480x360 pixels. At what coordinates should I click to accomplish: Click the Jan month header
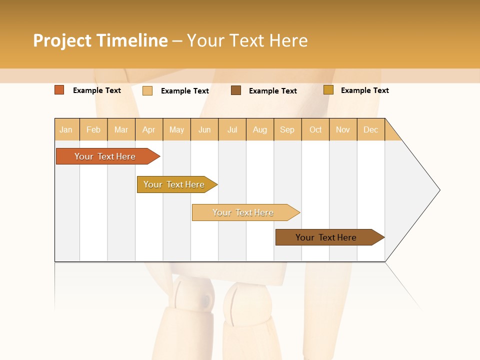tap(66, 129)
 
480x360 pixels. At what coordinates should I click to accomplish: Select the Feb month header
tap(93, 129)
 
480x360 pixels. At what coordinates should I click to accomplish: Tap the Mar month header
tap(121, 129)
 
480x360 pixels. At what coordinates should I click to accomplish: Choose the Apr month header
tap(149, 129)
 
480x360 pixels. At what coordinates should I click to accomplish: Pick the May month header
tap(176, 129)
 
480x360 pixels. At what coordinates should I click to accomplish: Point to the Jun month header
tap(204, 129)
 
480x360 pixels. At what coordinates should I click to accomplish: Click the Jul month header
tap(232, 129)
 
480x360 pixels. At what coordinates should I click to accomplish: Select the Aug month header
tap(260, 129)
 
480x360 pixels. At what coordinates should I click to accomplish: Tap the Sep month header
tap(287, 129)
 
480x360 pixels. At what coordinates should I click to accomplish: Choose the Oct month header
tap(315, 129)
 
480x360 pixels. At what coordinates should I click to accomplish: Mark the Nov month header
tap(343, 129)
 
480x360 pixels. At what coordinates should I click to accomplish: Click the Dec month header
tap(371, 129)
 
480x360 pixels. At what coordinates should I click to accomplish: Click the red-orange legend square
tap(59, 90)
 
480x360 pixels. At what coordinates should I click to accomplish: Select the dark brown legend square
tap(236, 90)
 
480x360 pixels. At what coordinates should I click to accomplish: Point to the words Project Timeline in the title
tap(100, 40)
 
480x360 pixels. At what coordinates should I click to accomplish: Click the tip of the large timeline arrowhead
tap(439, 190)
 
